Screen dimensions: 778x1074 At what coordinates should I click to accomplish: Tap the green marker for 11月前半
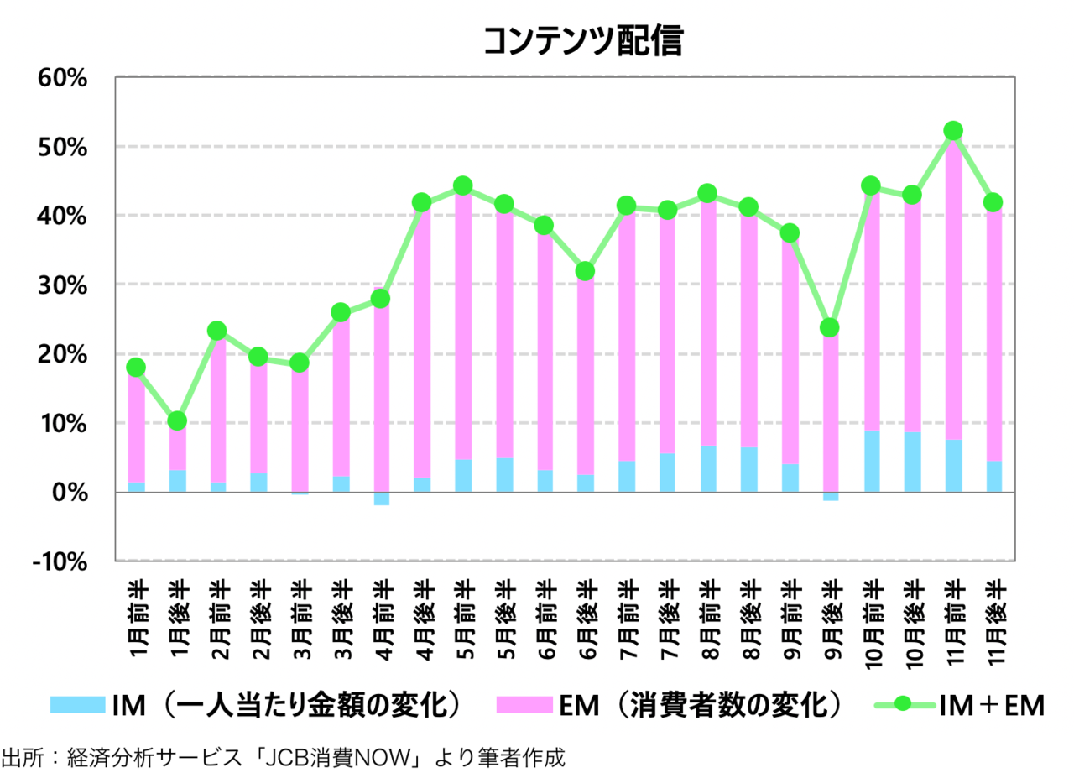953,131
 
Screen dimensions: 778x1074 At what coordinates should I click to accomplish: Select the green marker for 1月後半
177,420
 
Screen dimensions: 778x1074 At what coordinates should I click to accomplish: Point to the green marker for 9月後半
830,327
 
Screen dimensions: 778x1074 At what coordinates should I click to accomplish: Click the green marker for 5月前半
462,185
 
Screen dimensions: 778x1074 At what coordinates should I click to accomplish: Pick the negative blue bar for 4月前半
381,499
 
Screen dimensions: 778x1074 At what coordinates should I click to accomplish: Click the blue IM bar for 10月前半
871,461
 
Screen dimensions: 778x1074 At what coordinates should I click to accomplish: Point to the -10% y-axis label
61,561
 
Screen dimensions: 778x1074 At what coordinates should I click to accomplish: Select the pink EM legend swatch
523,705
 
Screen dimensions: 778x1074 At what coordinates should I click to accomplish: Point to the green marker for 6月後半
585,271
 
